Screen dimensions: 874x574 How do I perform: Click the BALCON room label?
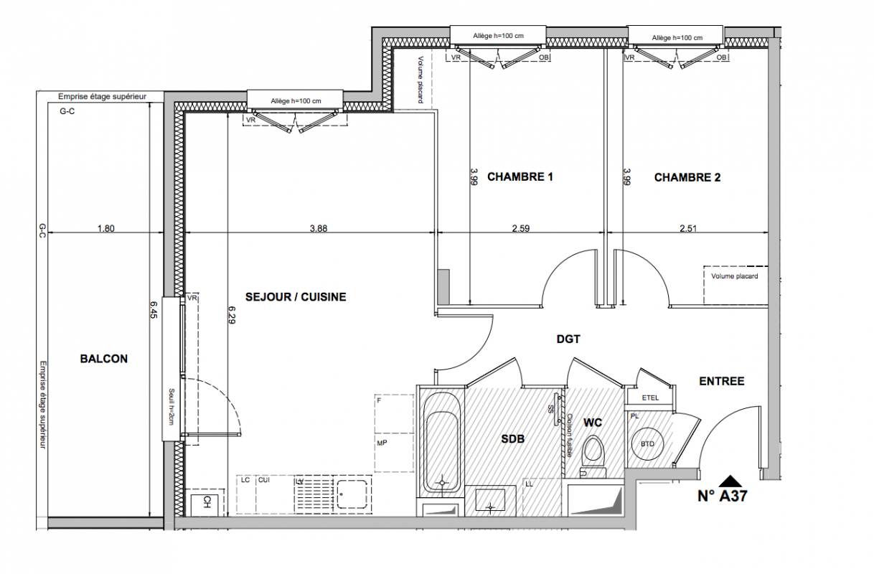tap(104, 359)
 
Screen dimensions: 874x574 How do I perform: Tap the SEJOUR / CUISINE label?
tap(296, 297)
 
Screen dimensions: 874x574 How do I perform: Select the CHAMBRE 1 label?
tap(520, 177)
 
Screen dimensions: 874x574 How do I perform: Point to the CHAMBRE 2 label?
tap(687, 177)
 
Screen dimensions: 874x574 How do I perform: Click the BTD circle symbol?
tap(648, 443)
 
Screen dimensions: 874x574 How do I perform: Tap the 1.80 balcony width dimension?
tap(105, 228)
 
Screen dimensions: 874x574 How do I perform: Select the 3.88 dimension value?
tap(319, 228)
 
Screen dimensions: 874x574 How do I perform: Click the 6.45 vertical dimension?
tap(154, 309)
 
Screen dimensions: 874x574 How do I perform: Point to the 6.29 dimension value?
tap(232, 315)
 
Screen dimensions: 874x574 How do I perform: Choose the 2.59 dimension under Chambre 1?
tap(521, 228)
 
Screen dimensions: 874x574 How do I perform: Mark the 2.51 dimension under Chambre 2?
tap(688, 228)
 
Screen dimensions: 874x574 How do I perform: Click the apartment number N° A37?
tap(723, 496)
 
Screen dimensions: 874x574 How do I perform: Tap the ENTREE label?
tap(722, 381)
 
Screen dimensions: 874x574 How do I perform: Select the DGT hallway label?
tap(568, 339)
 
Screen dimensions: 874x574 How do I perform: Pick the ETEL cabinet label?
tap(650, 398)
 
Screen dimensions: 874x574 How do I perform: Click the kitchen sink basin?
tap(352, 494)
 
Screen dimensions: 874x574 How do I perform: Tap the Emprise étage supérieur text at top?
tap(102, 96)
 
